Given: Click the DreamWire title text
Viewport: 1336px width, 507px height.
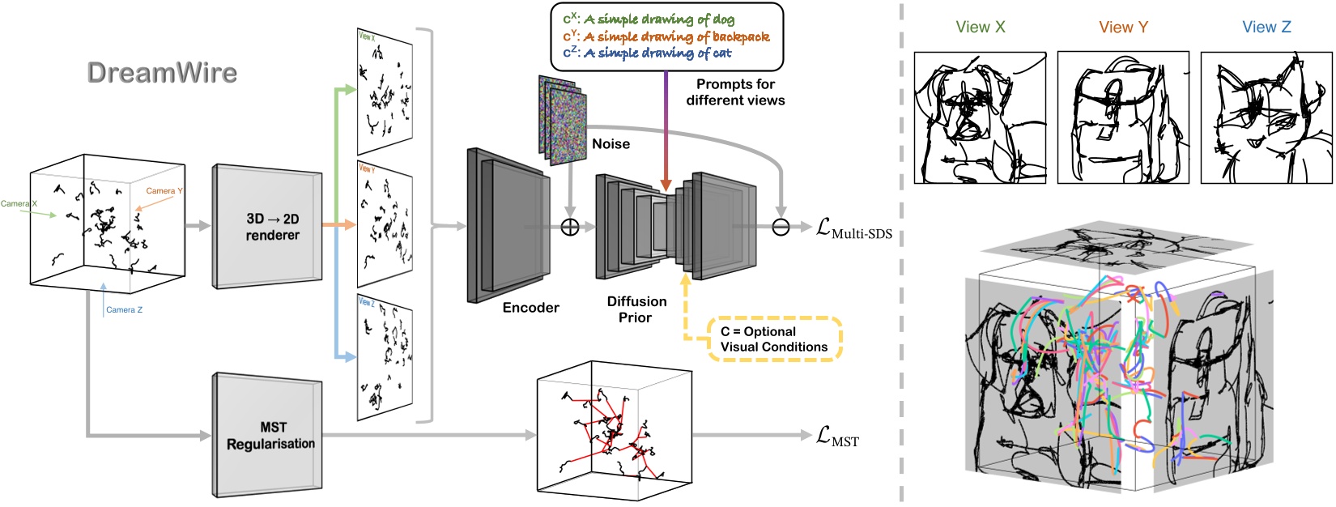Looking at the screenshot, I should click(162, 73).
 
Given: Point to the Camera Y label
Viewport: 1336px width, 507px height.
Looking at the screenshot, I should click(164, 191).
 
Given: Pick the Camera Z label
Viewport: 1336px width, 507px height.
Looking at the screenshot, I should click(124, 309).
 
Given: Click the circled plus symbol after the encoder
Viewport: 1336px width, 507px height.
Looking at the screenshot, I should click(570, 227).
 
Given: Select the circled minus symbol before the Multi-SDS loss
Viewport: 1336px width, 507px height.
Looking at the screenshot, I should click(781, 228).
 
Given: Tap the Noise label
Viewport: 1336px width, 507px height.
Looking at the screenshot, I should click(611, 144).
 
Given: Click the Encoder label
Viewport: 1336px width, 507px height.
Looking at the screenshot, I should click(530, 308).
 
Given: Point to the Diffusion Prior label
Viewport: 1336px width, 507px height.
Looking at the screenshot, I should click(636, 309).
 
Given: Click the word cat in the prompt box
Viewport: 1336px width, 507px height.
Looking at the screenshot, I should click(721, 53).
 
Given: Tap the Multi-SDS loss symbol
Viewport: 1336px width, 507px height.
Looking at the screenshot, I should click(853, 230).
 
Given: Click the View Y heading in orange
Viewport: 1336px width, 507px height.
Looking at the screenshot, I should click(1123, 28).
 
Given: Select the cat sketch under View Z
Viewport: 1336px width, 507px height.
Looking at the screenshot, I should click(1266, 118).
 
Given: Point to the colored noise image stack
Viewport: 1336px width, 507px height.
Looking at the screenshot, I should click(561, 119).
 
